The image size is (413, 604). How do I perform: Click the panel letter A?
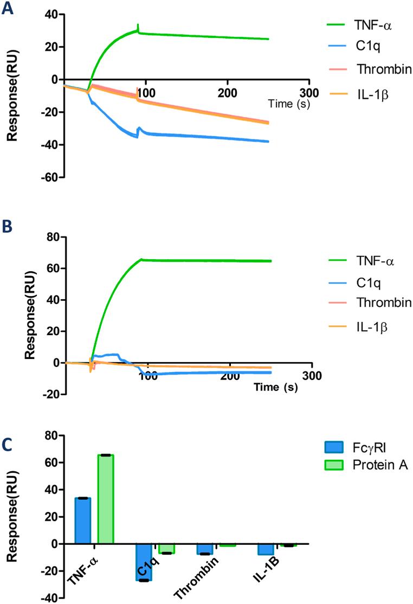[x=7, y=9]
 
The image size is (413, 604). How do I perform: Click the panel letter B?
[x=7, y=227]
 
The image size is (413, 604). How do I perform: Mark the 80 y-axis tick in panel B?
[x=53, y=236]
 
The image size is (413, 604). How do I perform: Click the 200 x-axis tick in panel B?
[x=230, y=375]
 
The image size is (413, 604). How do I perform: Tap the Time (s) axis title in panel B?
[x=274, y=389]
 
